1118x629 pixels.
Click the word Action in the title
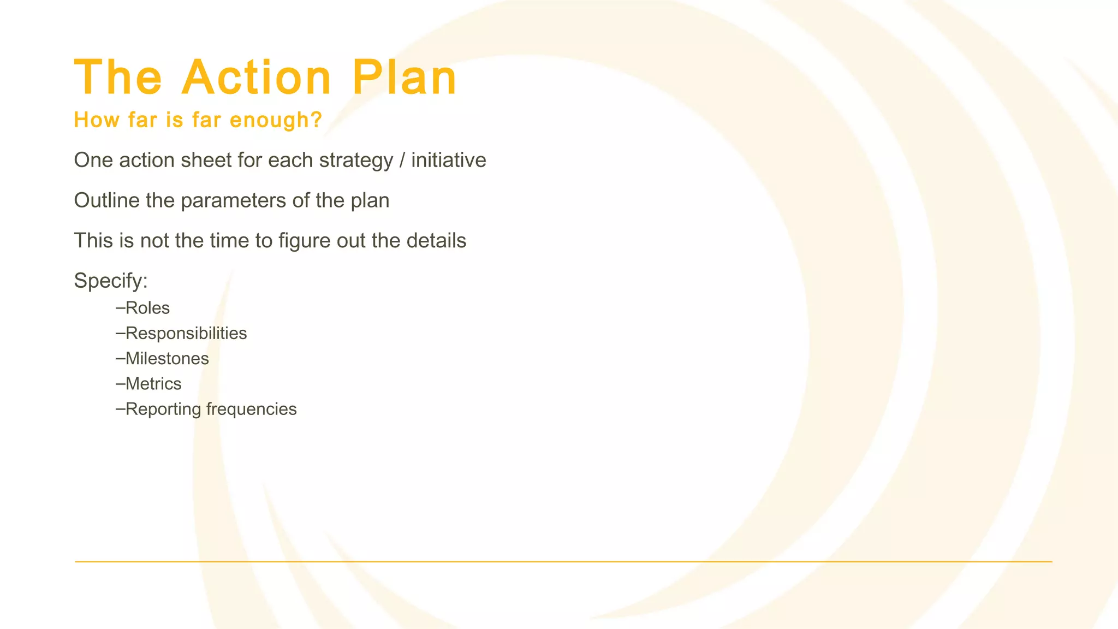pyautogui.click(x=257, y=78)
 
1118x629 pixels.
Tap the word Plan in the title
pyautogui.click(x=404, y=78)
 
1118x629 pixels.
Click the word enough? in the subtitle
pyautogui.click(x=276, y=120)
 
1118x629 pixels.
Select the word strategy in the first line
pyautogui.click(x=356, y=161)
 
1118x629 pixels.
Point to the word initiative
pyautogui.click(x=448, y=161)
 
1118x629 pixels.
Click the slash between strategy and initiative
pyautogui.click(x=402, y=161)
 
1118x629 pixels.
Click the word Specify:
pyautogui.click(x=111, y=281)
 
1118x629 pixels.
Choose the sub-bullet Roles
pyautogui.click(x=147, y=308)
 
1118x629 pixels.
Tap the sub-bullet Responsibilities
pyautogui.click(x=186, y=334)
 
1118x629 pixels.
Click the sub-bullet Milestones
pyautogui.click(x=167, y=359)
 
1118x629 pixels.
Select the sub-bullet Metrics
pyautogui.click(x=153, y=384)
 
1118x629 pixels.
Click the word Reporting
pyautogui.click(x=163, y=410)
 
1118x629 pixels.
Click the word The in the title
pyautogui.click(x=118, y=78)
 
